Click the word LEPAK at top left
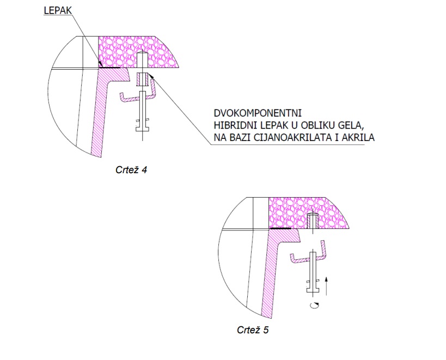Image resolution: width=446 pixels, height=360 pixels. tap(58, 10)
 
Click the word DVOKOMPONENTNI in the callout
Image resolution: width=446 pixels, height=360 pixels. tap(258, 113)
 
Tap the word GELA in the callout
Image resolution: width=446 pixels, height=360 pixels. tap(349, 125)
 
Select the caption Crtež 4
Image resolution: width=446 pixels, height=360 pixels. tap(131, 170)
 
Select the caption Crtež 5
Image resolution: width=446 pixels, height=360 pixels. tap(253, 330)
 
